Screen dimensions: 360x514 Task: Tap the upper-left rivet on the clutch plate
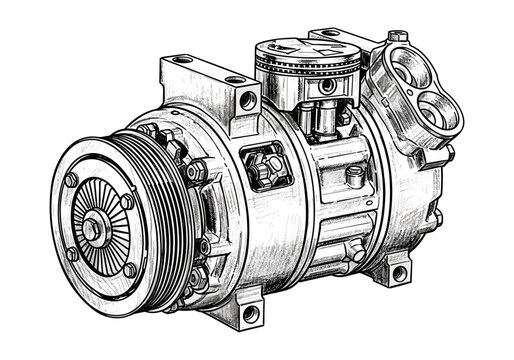[72, 180]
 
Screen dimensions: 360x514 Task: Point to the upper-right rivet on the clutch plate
[127, 203]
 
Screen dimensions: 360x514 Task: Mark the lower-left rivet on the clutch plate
[72, 253]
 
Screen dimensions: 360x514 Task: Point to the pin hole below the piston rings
[326, 87]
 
